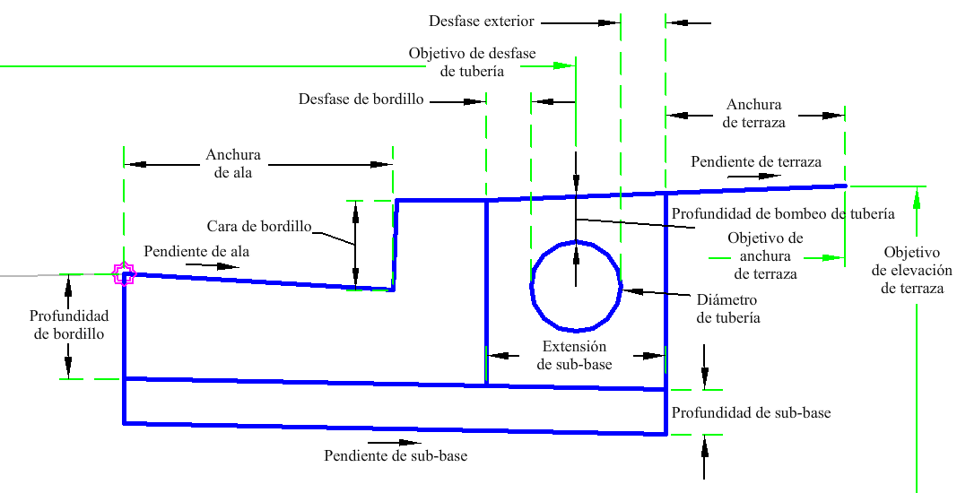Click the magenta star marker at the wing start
tap(124, 274)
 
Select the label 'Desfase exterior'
tap(481, 21)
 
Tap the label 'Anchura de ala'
tap(233, 163)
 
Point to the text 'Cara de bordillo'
tap(258, 227)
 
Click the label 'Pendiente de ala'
tap(196, 251)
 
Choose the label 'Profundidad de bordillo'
tap(69, 325)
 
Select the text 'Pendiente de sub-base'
tap(396, 455)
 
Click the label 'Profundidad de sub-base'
tap(751, 413)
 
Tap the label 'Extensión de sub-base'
tap(575, 355)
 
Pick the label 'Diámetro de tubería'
tap(727, 308)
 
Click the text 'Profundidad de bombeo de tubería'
tap(782, 213)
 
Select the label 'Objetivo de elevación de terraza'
tap(912, 270)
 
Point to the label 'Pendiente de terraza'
tap(756, 162)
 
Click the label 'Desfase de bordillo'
tap(361, 99)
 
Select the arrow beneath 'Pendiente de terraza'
tap(753, 177)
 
